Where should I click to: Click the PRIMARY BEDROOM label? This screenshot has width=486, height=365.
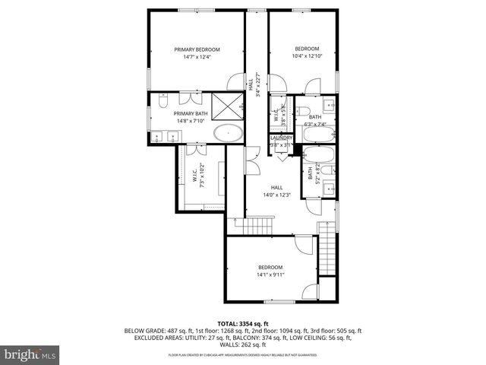coord(196,48)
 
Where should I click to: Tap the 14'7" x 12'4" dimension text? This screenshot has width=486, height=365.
coord(196,56)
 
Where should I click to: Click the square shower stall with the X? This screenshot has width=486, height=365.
coord(226,106)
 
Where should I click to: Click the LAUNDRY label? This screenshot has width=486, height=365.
coord(281,138)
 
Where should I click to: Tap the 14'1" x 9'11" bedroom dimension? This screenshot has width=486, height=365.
coord(270,275)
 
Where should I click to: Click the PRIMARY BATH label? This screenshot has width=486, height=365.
coord(169,113)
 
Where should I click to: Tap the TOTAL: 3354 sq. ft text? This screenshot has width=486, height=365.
coord(243,323)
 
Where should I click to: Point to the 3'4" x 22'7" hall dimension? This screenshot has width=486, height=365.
coord(258,85)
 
